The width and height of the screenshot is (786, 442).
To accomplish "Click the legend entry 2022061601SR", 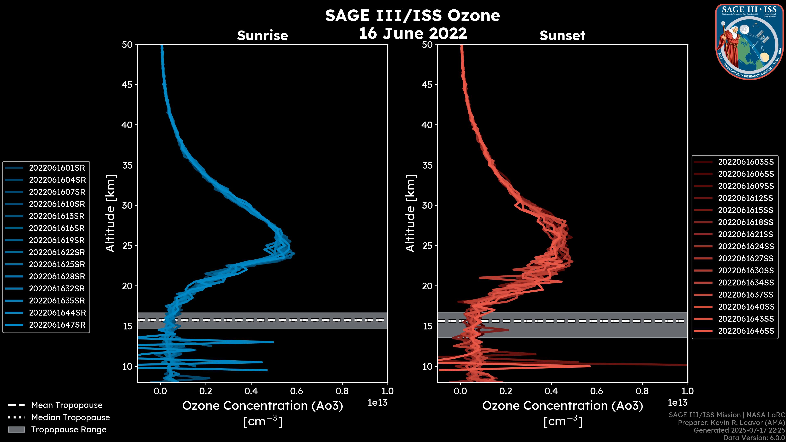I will tap(57, 168).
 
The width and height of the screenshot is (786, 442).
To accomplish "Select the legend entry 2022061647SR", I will tap(57, 325).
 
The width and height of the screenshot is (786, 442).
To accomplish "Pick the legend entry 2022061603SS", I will tap(746, 162).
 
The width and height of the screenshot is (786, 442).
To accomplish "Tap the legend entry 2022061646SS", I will tap(746, 331).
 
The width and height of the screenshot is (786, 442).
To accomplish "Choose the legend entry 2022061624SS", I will tap(746, 246).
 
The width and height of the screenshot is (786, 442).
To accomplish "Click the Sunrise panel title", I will tap(262, 36).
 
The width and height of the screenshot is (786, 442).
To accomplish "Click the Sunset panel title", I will tap(562, 36).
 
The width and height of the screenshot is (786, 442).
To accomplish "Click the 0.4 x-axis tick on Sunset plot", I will tap(551, 391).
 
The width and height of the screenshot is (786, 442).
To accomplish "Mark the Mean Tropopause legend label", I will tap(67, 405).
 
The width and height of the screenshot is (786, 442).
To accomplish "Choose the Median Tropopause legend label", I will tap(70, 418).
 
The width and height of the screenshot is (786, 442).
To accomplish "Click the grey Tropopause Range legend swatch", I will tap(16, 430).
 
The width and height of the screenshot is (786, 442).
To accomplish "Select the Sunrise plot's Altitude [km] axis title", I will tap(111, 213).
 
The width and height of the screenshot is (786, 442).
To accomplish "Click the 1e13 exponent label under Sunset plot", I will tap(677, 403).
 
